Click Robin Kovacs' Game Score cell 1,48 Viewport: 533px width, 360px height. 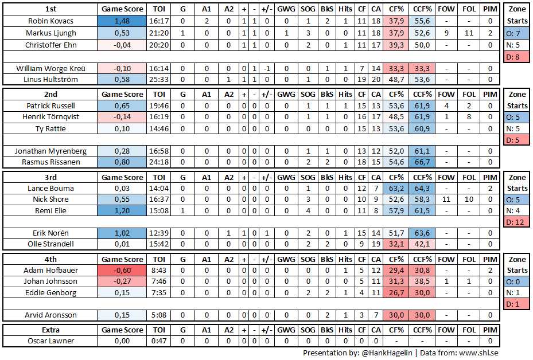(122, 21)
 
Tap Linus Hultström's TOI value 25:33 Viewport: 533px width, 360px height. (159, 79)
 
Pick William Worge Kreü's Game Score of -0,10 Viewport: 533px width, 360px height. (122, 68)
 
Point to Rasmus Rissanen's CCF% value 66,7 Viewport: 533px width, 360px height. (422, 162)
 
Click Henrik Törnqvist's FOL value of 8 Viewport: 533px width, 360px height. (469, 117)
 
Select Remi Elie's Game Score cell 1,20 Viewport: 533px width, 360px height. (122, 210)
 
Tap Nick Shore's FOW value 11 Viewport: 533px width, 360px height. (446, 199)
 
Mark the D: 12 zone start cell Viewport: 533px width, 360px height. (518, 222)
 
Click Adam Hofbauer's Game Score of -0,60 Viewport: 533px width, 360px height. (122, 270)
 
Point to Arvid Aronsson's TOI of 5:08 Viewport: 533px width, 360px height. (159, 315)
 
